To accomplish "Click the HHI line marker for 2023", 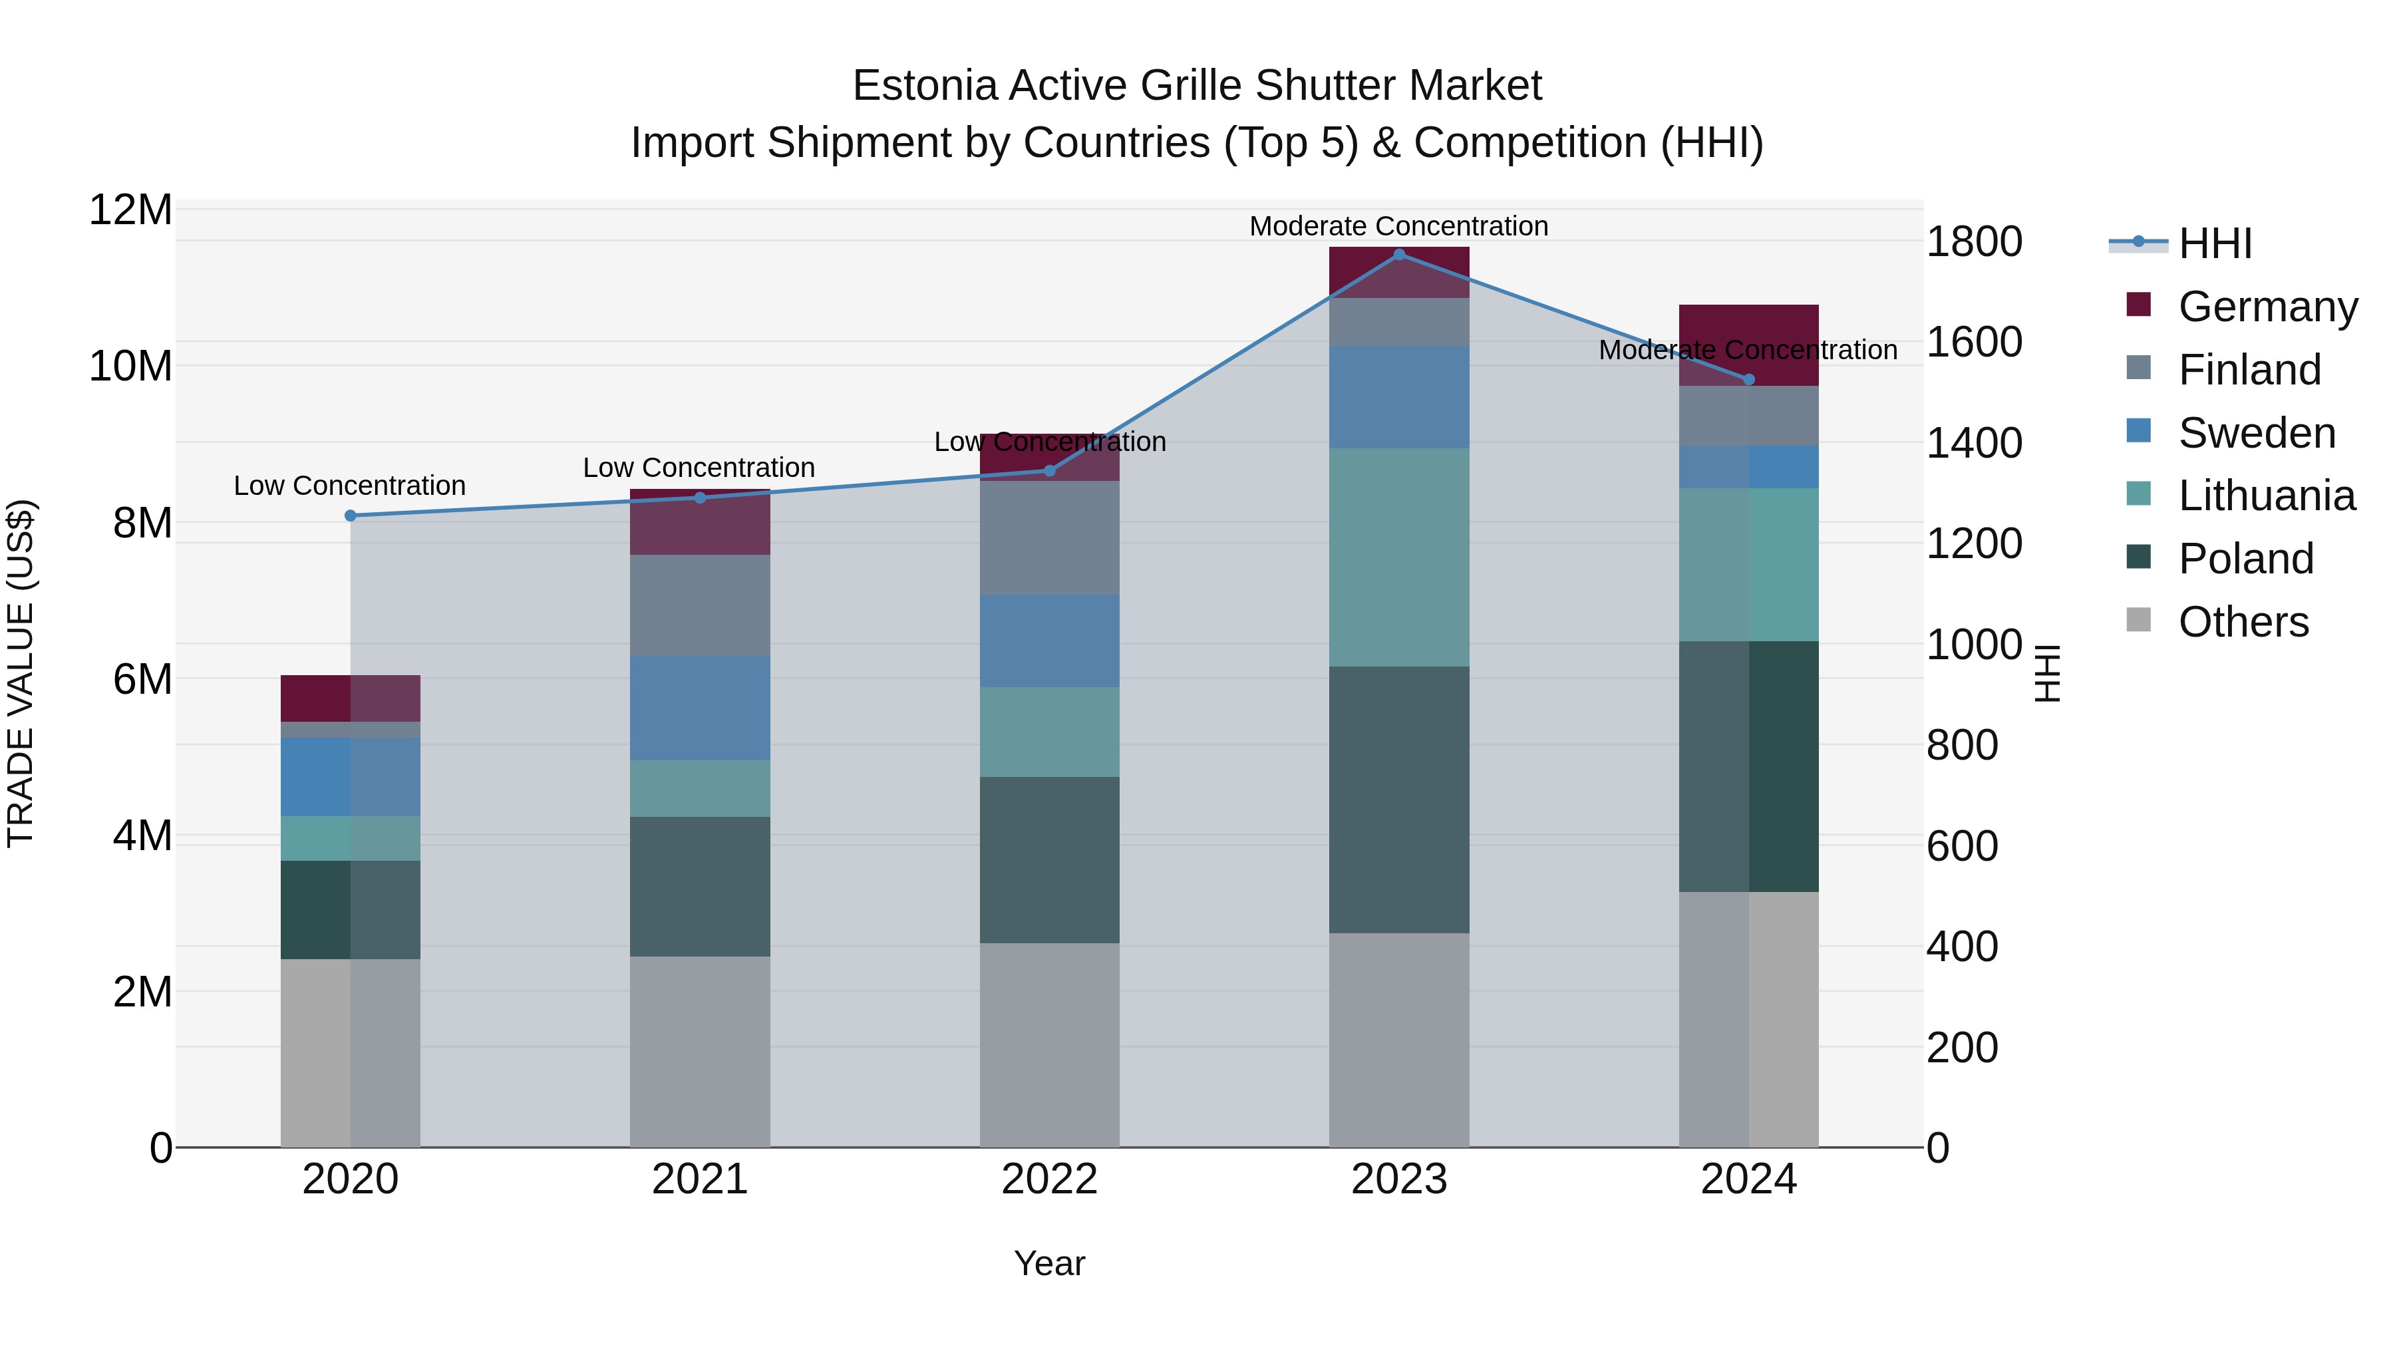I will point(1398,255).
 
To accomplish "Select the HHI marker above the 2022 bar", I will point(1050,470).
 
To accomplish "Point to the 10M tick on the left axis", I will point(130,367).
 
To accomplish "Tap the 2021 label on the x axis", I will point(699,1179).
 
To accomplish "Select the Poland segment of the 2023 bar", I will point(1398,800).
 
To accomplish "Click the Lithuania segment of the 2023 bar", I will point(1398,558).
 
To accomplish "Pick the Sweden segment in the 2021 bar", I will point(699,708).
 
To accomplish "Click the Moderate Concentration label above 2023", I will point(1398,226).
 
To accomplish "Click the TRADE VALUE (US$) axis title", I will point(21,673).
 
